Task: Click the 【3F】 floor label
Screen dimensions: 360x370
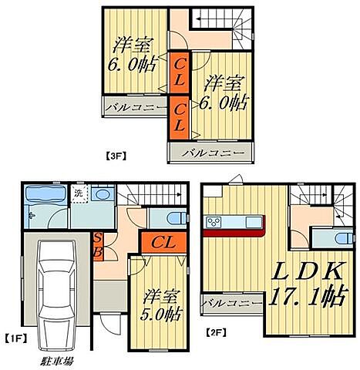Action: coord(116,156)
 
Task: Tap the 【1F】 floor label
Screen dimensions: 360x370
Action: coord(16,338)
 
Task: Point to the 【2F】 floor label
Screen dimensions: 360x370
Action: coord(216,332)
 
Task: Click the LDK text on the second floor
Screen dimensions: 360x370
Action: coord(308,272)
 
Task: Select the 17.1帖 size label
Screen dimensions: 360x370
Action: coord(308,296)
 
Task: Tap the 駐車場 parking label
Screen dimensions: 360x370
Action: coord(56,361)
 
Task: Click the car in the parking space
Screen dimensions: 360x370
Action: coord(56,295)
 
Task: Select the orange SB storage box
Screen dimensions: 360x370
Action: coord(98,247)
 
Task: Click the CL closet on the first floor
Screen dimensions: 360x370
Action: coord(163,243)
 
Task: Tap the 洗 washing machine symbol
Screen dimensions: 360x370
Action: coord(79,193)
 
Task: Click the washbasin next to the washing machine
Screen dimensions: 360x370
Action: coord(103,193)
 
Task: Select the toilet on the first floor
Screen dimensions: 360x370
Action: coord(177,218)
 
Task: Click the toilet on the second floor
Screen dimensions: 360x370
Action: coord(345,238)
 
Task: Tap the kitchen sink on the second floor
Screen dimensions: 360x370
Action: coord(254,222)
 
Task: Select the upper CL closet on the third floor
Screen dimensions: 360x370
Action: coord(179,73)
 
